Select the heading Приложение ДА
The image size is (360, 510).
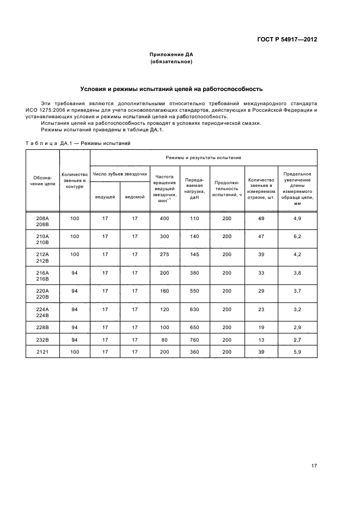click(172, 55)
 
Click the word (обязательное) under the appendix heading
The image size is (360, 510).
click(172, 62)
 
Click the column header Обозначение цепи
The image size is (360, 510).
click(42, 180)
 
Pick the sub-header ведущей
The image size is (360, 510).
click(105, 197)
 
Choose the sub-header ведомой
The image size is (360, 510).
click(135, 197)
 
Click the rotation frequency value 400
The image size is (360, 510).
click(164, 218)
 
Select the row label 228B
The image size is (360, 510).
click(42, 328)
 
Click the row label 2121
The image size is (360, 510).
click(42, 353)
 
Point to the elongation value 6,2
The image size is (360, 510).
click(297, 236)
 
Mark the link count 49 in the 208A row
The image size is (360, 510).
click(260, 218)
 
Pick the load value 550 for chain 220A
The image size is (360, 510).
click(194, 291)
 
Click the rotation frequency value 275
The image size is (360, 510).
click(164, 254)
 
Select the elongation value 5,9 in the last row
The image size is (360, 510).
click(297, 353)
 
